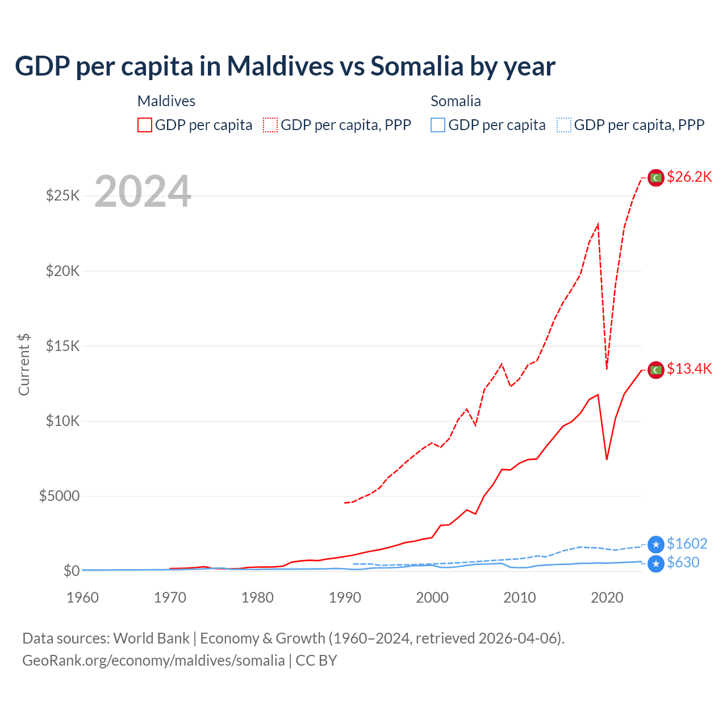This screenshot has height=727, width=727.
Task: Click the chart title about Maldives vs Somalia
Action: coord(285,66)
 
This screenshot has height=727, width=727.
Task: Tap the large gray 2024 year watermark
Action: coord(143,192)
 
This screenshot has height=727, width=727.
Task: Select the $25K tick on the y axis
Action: coord(63,196)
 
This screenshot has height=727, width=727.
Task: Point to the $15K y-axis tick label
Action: coord(63,346)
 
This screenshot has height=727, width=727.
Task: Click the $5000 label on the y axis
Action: coord(59,496)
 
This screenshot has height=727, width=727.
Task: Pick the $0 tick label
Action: coord(71,571)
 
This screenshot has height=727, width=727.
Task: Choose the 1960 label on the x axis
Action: coord(83,598)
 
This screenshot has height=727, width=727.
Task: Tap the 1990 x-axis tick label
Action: coord(345,598)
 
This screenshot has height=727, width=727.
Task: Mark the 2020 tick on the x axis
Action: coord(607,598)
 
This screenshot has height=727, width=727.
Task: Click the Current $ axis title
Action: coord(24,364)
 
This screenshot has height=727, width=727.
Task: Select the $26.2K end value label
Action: coord(689,177)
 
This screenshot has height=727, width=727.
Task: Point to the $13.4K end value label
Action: coord(689,369)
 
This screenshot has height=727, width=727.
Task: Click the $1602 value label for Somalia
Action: coord(687,544)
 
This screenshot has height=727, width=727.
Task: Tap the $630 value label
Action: coord(683,562)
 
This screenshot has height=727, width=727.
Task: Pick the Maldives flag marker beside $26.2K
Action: coord(656,178)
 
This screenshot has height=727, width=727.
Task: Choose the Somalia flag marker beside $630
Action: coord(656,563)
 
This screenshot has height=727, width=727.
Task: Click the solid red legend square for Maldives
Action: coord(145,125)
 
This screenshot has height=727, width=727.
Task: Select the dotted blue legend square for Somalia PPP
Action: coord(564,125)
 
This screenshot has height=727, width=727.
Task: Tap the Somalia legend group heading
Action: coord(456,101)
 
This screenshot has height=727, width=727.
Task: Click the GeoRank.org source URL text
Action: coord(153,661)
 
